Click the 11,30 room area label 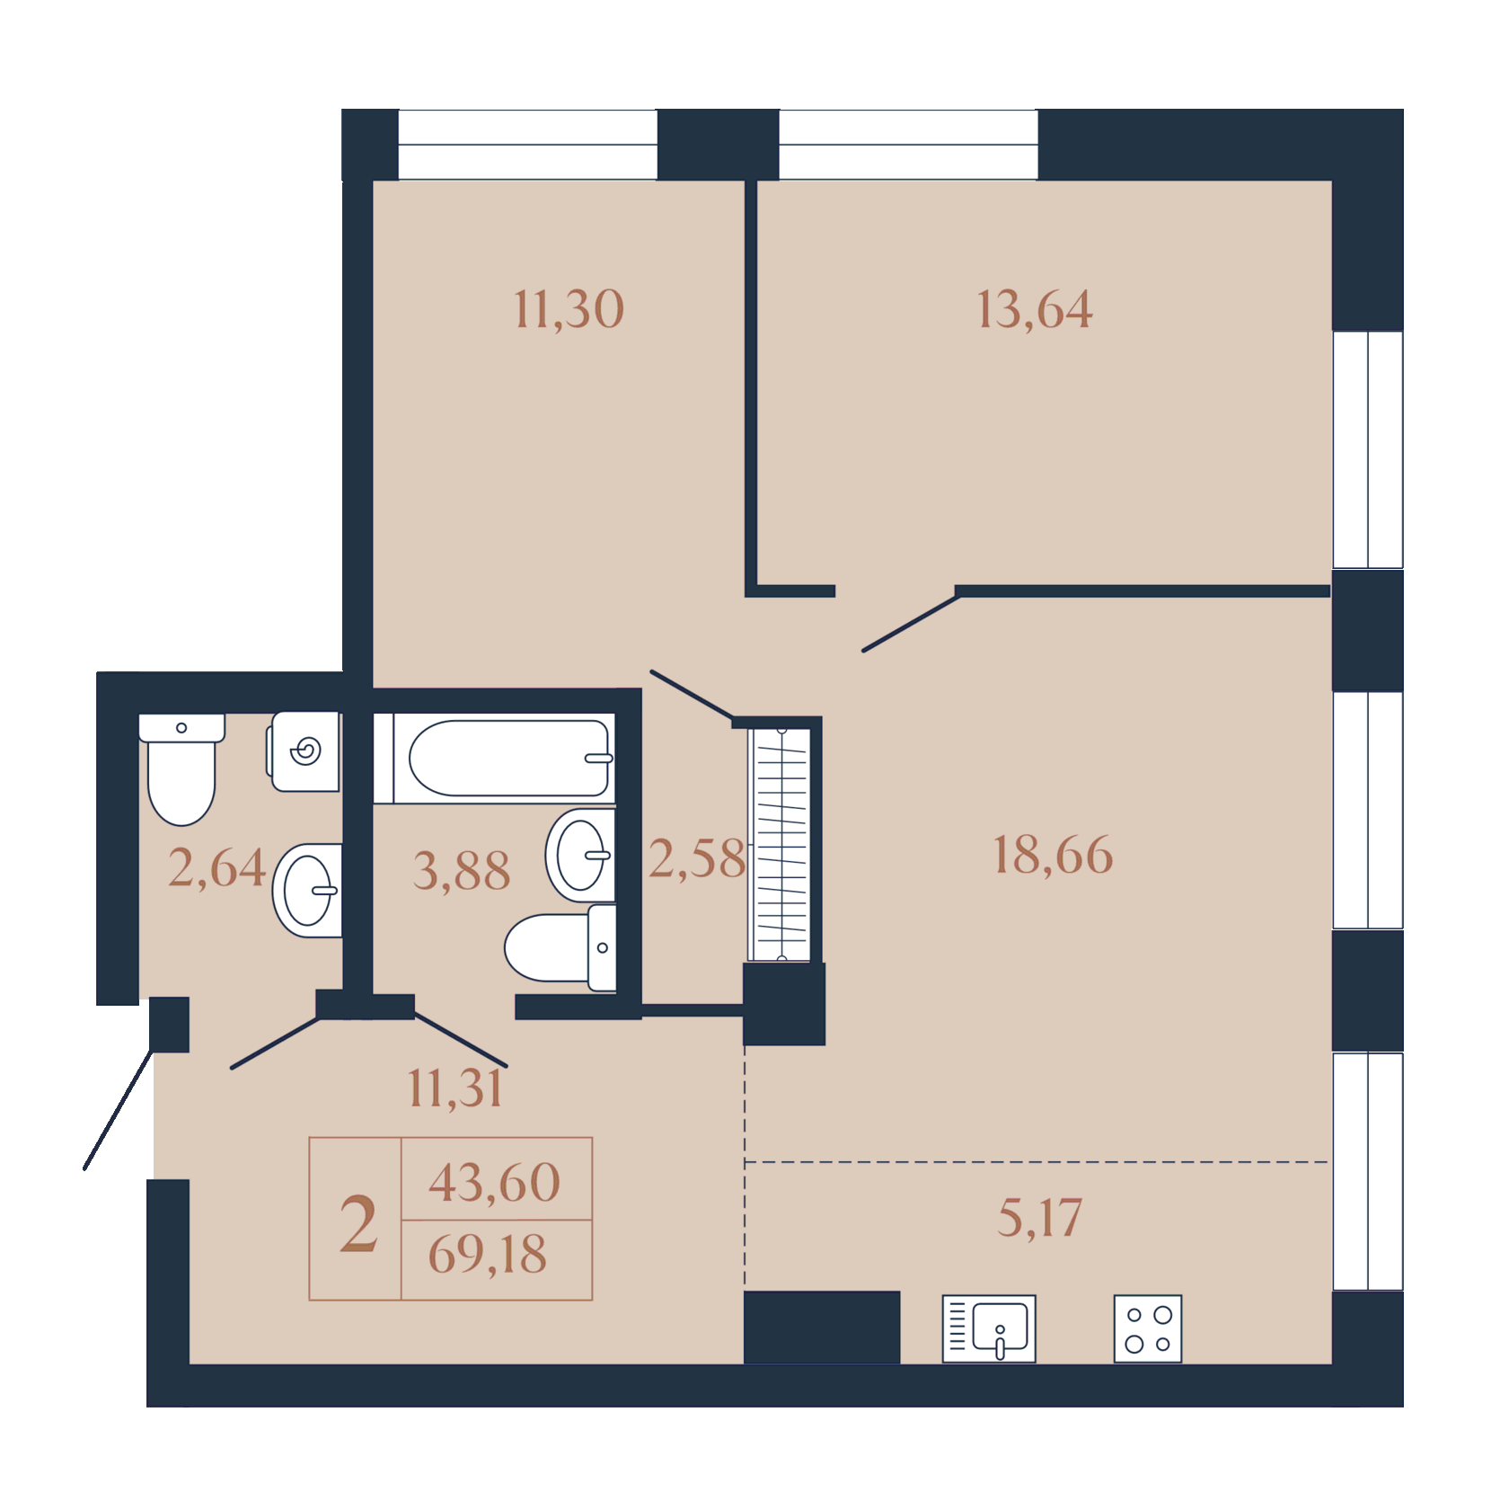click(x=569, y=310)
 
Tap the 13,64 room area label click(x=1035, y=310)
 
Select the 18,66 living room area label click(x=1053, y=855)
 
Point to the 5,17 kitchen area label click(x=1040, y=1219)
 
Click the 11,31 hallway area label click(x=455, y=1089)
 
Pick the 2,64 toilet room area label click(x=216, y=869)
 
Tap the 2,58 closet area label click(x=697, y=859)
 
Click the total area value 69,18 click(x=488, y=1255)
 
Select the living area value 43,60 click(x=495, y=1183)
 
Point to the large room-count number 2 click(x=358, y=1223)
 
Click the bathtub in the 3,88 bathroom click(x=495, y=758)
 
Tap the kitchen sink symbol click(x=989, y=1328)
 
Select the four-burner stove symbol click(x=1148, y=1328)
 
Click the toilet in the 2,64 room click(x=181, y=769)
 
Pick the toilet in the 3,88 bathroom click(x=560, y=948)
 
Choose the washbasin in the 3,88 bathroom click(x=580, y=856)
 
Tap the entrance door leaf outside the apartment click(x=118, y=1109)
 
